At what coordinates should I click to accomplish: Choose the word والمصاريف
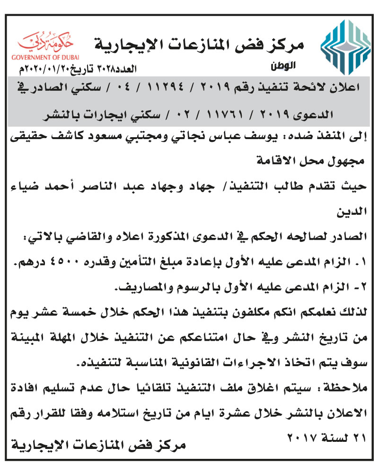(142, 287)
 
